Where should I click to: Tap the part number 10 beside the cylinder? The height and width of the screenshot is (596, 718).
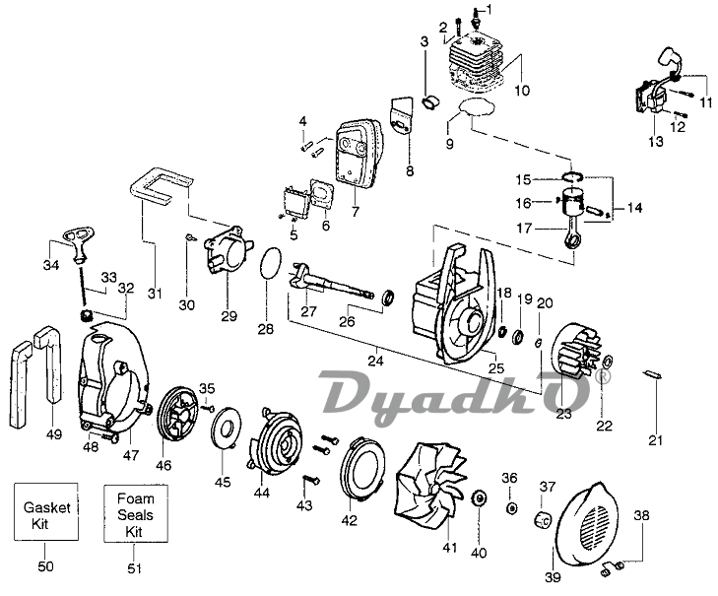[522, 91]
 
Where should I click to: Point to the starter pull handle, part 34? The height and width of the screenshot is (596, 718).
[64, 239]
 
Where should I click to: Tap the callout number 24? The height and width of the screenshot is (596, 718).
[375, 362]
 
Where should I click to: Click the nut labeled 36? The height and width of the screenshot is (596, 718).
[512, 507]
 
